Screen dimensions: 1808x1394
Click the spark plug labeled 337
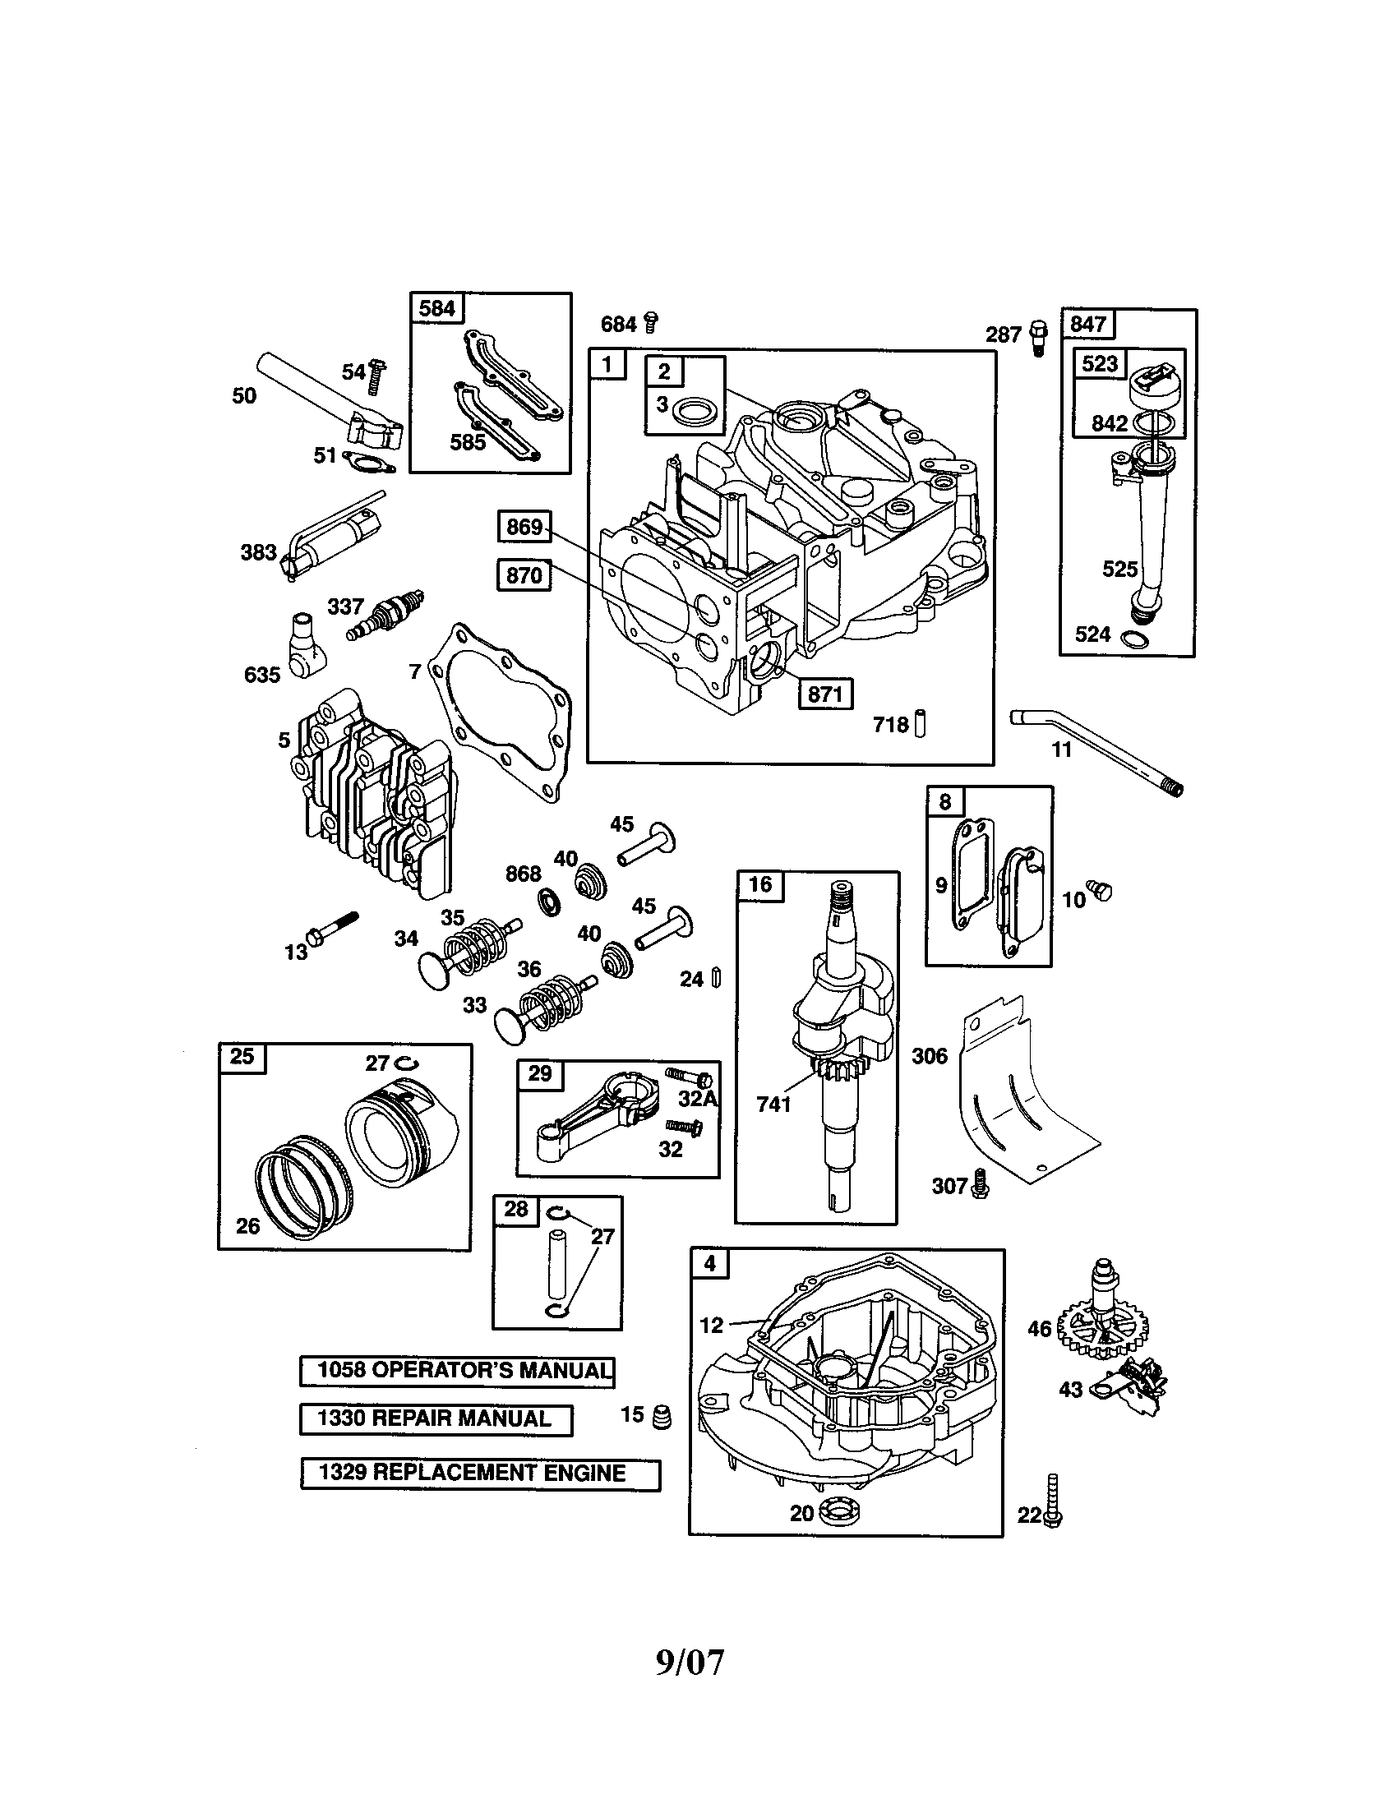[x=387, y=615]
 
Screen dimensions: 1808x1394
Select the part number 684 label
[x=618, y=324]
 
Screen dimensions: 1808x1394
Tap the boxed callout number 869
[x=525, y=528]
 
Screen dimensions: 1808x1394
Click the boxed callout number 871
[x=824, y=694]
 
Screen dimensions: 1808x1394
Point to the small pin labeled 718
[x=921, y=724]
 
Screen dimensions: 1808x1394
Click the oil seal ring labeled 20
[x=841, y=1512]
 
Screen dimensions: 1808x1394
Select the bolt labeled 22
[x=1052, y=1501]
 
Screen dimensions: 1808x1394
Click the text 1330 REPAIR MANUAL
[x=436, y=1419]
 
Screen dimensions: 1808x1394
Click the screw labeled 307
[x=981, y=1184]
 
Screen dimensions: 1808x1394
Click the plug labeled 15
[x=662, y=1418]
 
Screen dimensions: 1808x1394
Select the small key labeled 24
[x=717, y=979]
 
